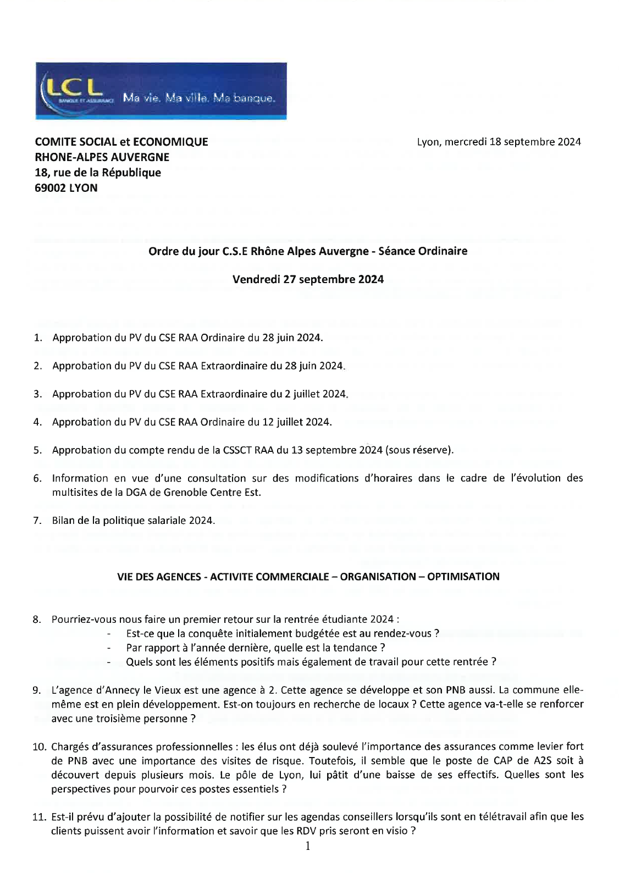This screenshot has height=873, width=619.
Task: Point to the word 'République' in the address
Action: (133, 173)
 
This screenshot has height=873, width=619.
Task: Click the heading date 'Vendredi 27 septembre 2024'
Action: (308, 279)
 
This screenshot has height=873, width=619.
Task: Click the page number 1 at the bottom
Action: (308, 846)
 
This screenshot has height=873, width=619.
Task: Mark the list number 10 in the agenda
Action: (39, 747)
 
